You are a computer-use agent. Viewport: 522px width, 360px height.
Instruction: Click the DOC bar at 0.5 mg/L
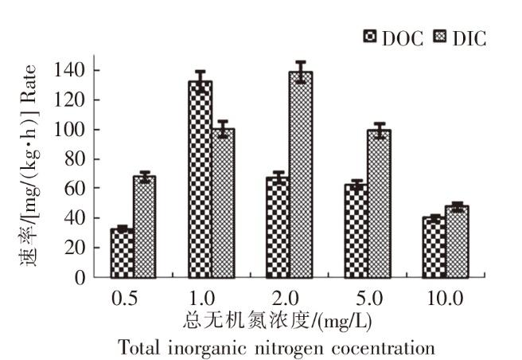click(122, 253)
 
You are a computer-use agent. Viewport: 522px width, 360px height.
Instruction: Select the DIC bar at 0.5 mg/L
click(144, 227)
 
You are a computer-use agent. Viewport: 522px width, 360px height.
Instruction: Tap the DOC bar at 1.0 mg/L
click(200, 179)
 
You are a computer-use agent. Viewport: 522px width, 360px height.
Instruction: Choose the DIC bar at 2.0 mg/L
click(300, 174)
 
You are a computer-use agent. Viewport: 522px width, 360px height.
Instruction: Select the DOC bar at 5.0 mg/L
click(356, 231)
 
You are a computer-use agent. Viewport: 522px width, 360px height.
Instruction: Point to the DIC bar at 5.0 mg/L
click(378, 203)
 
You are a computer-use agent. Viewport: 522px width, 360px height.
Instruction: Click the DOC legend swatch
click(369, 37)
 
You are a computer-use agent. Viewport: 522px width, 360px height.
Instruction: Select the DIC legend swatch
click(440, 37)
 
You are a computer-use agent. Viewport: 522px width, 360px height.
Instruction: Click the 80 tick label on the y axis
click(76, 158)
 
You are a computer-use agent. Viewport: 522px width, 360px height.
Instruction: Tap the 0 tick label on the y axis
click(81, 277)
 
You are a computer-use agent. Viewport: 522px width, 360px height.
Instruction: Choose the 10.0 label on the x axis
click(445, 299)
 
